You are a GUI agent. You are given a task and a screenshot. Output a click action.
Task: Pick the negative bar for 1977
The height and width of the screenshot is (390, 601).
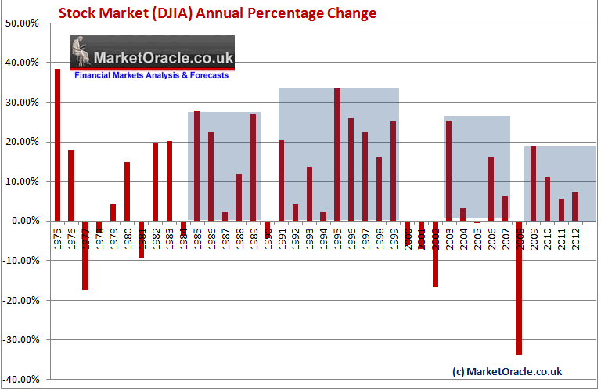(x=85, y=255)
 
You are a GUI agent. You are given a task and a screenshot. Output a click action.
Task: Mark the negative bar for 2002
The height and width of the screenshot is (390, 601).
(x=435, y=254)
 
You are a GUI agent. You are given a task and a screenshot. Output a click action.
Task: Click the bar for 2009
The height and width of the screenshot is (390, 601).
(x=533, y=183)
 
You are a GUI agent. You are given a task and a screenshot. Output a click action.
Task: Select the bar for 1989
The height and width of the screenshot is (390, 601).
(x=254, y=168)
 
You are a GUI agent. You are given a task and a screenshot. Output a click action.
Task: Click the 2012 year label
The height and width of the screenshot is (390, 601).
(x=575, y=237)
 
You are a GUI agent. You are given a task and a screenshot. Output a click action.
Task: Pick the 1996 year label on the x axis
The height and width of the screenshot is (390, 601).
(x=351, y=237)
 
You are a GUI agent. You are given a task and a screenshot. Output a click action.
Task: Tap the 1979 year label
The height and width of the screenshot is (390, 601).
(x=113, y=237)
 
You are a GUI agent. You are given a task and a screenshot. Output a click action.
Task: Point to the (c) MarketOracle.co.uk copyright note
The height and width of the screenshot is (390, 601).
(x=507, y=370)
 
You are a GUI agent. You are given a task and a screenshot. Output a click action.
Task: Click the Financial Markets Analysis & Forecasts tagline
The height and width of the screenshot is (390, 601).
(x=151, y=75)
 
